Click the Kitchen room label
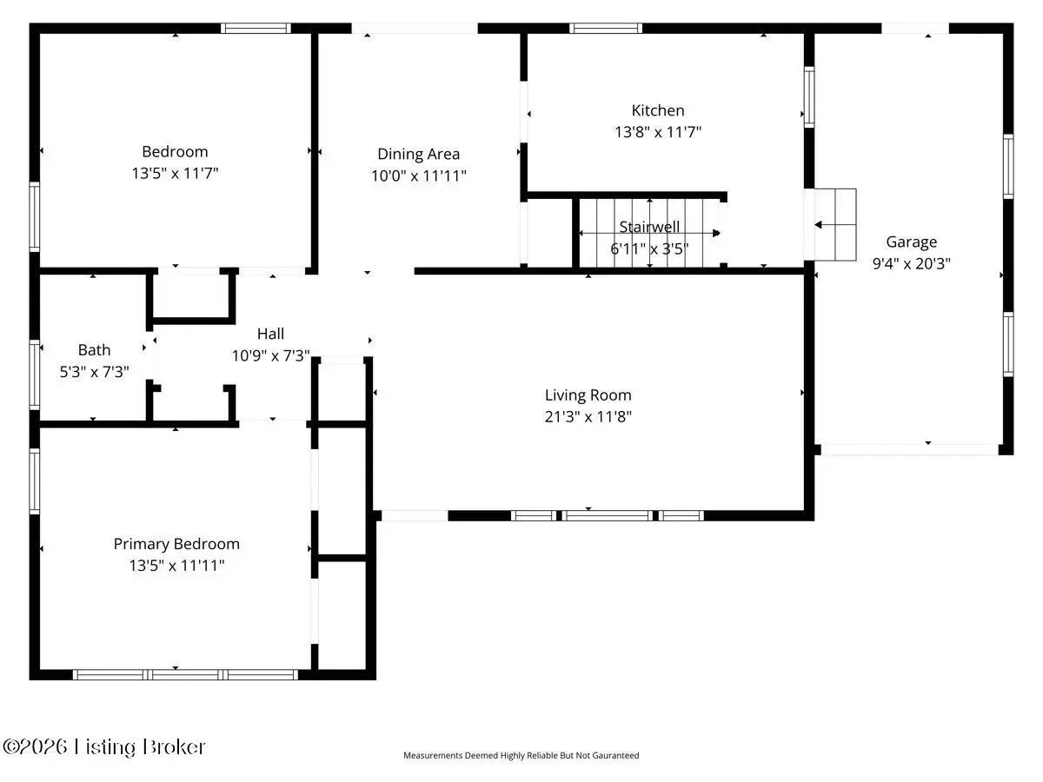coord(658,110)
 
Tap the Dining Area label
coord(418,155)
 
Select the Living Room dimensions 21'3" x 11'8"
coord(588,416)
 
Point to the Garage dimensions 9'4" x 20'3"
coord(911,263)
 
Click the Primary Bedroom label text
coord(176,544)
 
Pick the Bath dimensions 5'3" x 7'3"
coord(94,371)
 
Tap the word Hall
coord(270,334)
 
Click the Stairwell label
coord(649,227)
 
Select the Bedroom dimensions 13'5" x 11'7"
coord(175,173)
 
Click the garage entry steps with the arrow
coord(835,224)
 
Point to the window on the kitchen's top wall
coord(605,28)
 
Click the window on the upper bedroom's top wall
coord(256,28)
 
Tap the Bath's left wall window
coord(35,374)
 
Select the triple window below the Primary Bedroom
coord(185,675)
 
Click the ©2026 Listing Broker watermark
coord(103,747)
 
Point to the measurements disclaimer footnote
coord(521,755)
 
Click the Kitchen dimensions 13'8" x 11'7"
coord(658,131)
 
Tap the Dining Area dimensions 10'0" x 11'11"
coord(418,176)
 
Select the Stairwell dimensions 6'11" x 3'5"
coord(649,249)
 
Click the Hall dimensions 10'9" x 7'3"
coord(270,355)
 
